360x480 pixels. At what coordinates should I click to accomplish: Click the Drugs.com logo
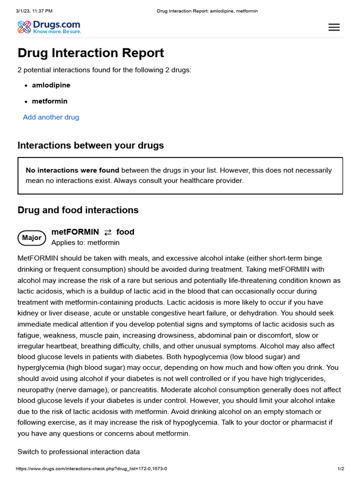49,27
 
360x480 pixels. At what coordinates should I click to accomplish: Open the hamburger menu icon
334,27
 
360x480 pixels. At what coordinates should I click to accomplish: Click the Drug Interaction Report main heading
91,53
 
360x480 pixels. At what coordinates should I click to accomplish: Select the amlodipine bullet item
51,85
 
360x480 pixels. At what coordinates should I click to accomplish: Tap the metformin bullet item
50,101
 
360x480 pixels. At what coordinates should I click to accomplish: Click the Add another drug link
51,117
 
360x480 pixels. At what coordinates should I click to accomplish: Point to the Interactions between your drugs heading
91,145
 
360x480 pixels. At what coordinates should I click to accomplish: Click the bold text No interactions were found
73,170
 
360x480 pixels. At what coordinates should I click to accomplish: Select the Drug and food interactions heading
78,210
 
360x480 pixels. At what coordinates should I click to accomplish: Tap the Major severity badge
32,238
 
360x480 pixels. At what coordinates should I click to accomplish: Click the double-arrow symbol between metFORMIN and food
108,232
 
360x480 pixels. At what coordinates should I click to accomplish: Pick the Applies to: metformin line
85,243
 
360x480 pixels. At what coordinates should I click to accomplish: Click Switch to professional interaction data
79,452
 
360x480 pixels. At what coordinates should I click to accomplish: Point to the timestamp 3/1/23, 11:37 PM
34,11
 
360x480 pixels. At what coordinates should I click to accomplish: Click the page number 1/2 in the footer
341,469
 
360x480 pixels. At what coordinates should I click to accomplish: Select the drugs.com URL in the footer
91,469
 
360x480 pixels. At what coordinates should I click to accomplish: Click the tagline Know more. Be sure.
57,31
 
